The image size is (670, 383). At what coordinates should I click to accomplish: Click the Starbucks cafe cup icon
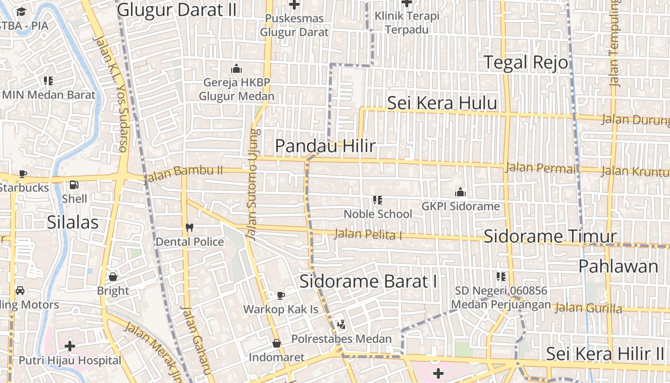22,174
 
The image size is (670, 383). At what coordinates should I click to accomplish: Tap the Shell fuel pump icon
74,184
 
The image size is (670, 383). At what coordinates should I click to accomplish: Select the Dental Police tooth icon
190,228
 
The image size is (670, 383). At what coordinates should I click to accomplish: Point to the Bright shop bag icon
113,277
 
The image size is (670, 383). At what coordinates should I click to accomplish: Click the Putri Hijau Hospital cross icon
70,346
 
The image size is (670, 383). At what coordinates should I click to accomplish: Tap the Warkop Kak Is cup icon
281,295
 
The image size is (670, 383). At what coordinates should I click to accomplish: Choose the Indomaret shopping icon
277,343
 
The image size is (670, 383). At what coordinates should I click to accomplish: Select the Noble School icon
378,200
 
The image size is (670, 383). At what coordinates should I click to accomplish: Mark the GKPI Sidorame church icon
460,192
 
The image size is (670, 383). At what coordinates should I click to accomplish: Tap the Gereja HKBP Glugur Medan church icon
236,68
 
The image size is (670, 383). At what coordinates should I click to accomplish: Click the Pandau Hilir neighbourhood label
325,146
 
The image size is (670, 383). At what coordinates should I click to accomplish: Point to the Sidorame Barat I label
368,281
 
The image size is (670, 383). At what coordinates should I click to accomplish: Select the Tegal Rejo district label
526,62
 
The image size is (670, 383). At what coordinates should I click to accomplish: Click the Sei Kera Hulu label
442,103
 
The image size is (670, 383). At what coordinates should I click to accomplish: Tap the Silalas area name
73,222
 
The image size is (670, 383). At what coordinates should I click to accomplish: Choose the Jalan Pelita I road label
368,235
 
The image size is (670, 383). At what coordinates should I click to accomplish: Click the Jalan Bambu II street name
184,174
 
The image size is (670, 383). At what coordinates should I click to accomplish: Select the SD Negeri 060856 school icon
501,277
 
